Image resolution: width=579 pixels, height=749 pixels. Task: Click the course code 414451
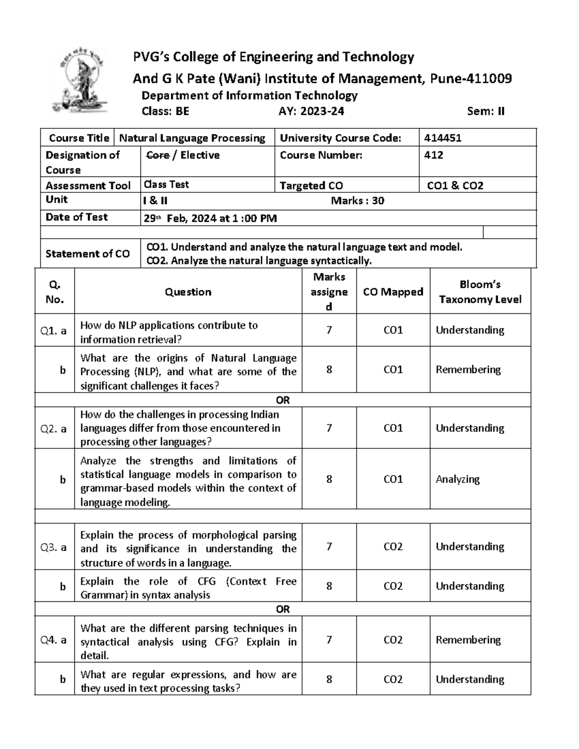click(x=442, y=138)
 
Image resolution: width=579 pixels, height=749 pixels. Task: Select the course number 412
click(x=433, y=155)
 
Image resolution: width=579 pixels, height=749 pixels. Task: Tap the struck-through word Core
click(x=157, y=155)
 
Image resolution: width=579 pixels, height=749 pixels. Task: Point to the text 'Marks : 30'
click(x=357, y=201)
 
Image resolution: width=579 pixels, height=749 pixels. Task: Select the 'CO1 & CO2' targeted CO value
click(x=455, y=186)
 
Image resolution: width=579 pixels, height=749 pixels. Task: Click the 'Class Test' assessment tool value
click(x=166, y=185)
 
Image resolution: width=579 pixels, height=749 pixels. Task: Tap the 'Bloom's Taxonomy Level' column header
click(x=480, y=292)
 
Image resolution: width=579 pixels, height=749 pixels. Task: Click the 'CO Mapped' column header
click(x=393, y=292)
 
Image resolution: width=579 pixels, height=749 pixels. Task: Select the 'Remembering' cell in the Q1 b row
click(x=468, y=370)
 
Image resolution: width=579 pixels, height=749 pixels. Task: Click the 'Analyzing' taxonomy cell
click(x=457, y=479)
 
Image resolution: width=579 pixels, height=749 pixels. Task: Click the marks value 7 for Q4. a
click(x=329, y=640)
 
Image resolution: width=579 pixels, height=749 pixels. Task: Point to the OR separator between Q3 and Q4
click(x=283, y=609)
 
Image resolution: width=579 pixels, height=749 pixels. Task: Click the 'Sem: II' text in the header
click(x=485, y=111)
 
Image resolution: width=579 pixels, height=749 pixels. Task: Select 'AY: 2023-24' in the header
click(x=311, y=111)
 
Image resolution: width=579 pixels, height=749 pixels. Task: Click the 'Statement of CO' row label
click(x=87, y=254)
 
